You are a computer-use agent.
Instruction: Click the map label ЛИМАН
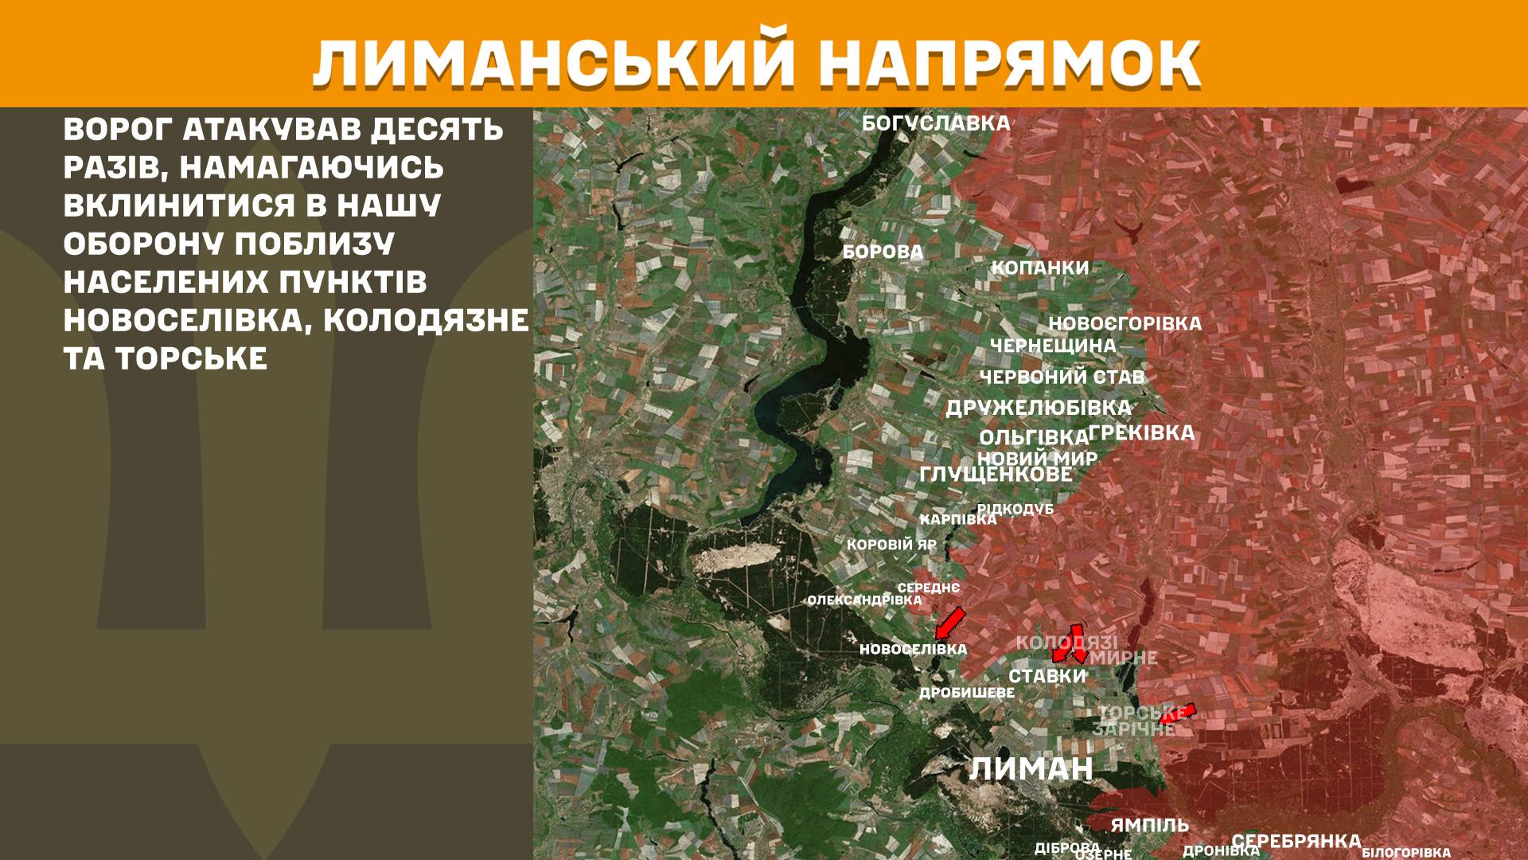pos(1031,769)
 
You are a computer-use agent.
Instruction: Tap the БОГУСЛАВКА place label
pos(936,123)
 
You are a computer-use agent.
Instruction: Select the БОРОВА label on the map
pos(883,252)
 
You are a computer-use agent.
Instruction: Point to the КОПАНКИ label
pos(1039,268)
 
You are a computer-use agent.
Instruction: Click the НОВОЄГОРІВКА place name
pos(1125,324)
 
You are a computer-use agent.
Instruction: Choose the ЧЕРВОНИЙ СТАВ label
pos(1062,377)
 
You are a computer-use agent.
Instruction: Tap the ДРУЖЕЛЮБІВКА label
pos(1038,408)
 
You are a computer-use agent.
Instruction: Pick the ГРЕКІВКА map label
pos(1141,433)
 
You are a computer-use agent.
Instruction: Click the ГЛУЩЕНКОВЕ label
pos(996,475)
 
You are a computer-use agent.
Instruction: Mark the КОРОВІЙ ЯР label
pos(891,545)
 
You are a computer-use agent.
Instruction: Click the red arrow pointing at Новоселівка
pos(949,623)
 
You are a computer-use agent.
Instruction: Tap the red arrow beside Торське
pos(1178,713)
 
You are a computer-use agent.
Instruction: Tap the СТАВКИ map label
pos(1047,676)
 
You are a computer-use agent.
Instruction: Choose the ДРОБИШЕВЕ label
pos(967,694)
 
